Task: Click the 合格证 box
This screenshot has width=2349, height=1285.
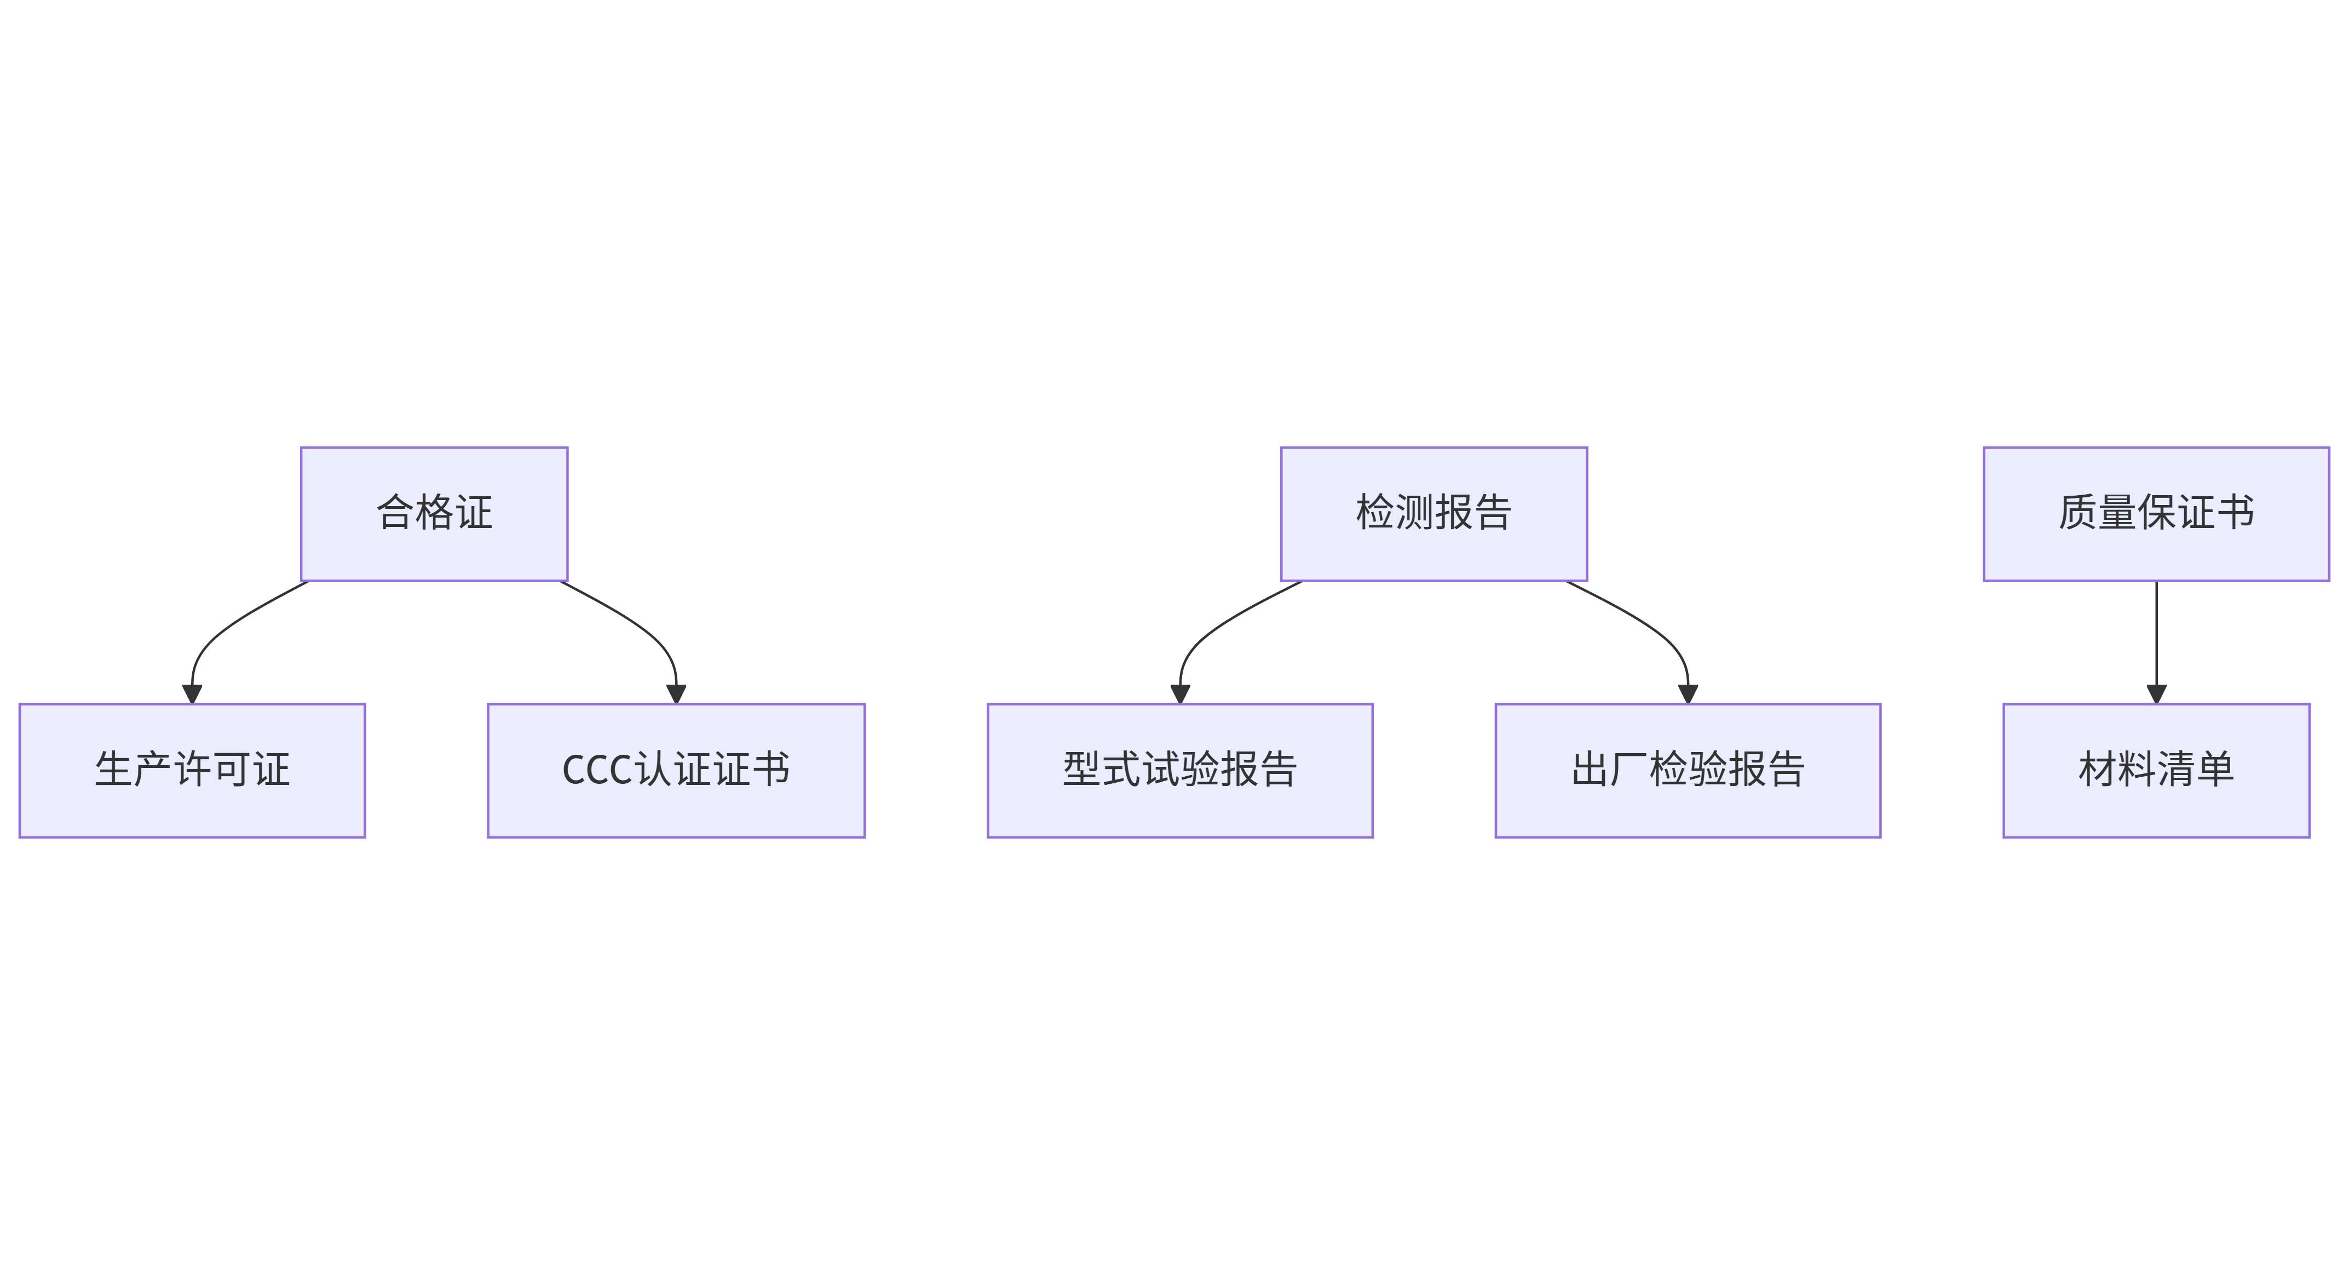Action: coord(434,513)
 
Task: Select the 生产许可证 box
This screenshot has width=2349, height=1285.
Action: coord(192,770)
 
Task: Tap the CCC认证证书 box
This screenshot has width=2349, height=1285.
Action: coord(676,770)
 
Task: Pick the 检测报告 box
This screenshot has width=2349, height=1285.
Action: coord(1433,513)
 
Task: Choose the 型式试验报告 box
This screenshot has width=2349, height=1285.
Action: coord(1180,770)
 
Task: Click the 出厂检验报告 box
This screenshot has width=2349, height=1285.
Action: coord(1688,770)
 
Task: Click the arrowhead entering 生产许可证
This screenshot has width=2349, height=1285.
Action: coord(192,694)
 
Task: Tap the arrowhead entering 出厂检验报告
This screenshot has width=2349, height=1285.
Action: coord(1688,694)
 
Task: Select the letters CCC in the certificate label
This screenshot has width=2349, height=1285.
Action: coord(597,770)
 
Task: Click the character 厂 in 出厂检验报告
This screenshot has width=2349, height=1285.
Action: coord(1628,769)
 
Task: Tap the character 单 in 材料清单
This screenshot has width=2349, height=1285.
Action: coord(2215,769)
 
